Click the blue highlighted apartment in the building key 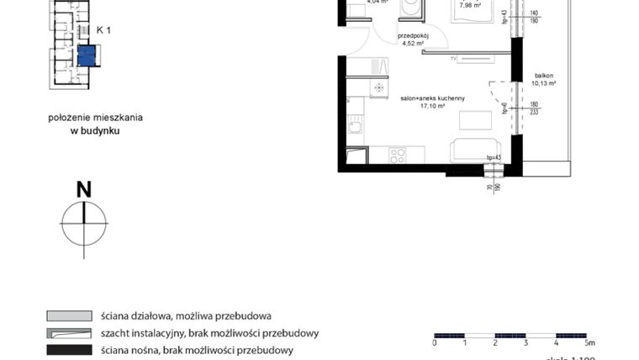(x=86, y=56)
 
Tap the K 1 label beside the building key (x=104, y=29)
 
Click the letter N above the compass (x=83, y=190)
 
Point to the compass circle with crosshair (x=83, y=224)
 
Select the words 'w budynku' (x=95, y=130)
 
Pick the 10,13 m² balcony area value (x=544, y=83)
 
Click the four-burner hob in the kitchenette (x=397, y=155)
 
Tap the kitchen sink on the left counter (x=356, y=128)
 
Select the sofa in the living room (x=475, y=151)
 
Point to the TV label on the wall (x=453, y=59)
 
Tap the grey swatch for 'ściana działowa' (x=69, y=316)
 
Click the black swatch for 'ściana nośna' (x=69, y=349)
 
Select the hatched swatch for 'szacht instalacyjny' (x=69, y=333)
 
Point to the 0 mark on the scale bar (x=435, y=343)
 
